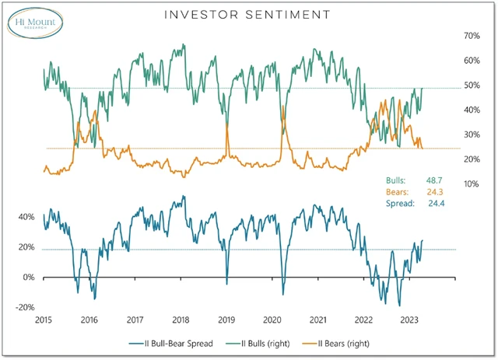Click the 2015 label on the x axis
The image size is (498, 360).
click(x=44, y=320)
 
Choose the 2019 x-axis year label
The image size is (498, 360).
click(x=226, y=320)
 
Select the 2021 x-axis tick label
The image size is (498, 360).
click(x=317, y=320)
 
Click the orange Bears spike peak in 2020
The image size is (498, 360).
click(x=282, y=107)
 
